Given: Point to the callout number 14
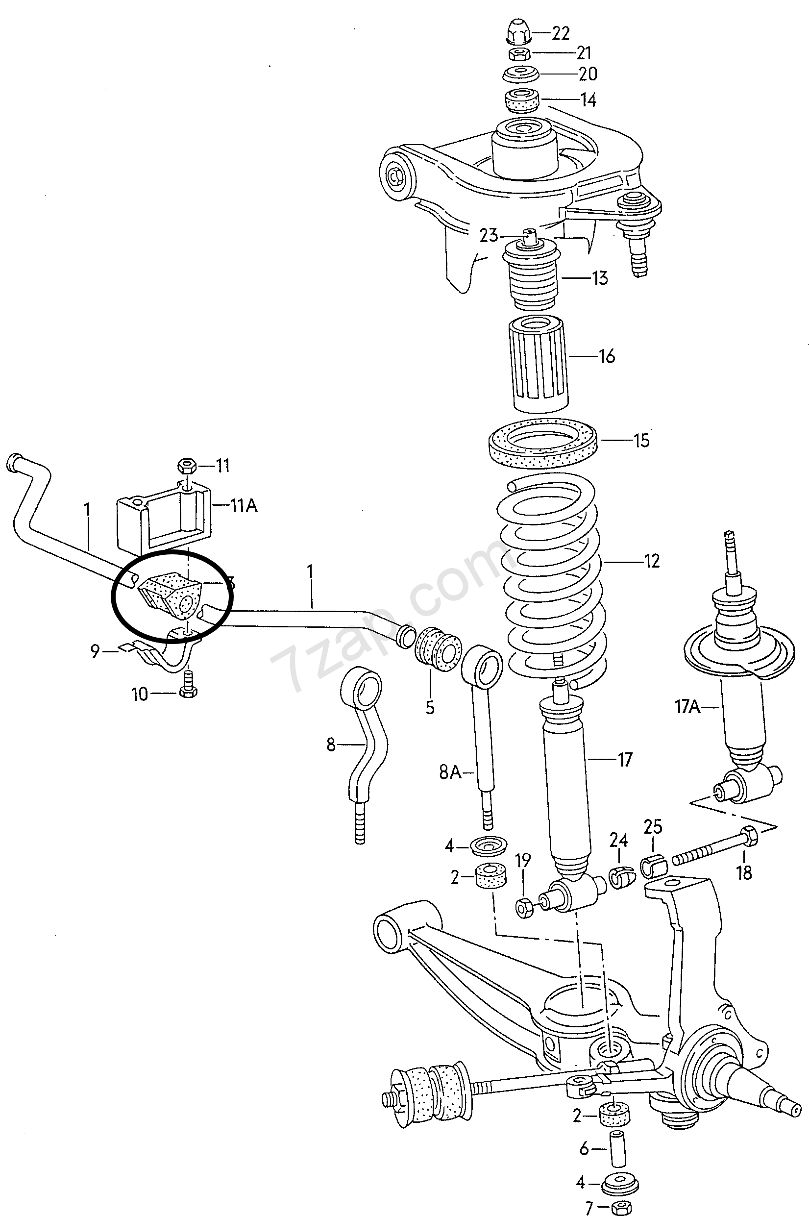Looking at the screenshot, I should [588, 99].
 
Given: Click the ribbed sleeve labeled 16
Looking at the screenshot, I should [538, 364].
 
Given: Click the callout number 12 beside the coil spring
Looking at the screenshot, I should [652, 560].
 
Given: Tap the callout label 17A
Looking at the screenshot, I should [687, 706].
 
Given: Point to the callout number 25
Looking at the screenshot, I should [653, 826].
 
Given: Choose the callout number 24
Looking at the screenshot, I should [618, 841].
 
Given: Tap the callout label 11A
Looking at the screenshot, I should [244, 506].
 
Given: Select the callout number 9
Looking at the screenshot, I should [95, 651].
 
